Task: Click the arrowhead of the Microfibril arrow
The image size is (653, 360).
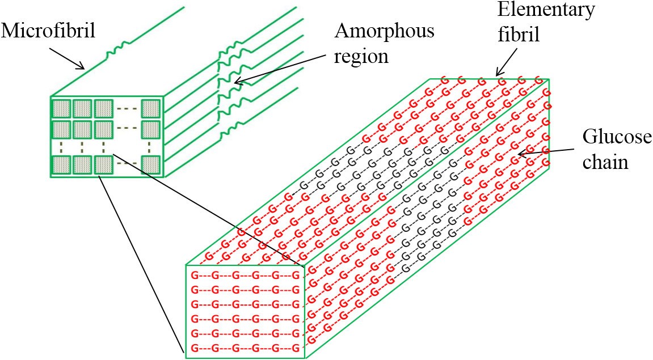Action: coord(84,69)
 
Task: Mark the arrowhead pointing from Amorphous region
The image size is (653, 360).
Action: coord(237,84)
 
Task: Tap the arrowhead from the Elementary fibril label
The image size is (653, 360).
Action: coord(498,74)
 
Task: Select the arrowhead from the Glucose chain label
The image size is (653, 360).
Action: coord(518,154)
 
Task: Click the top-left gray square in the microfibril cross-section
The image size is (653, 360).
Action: coord(61,108)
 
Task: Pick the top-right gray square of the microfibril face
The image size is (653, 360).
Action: coord(151,108)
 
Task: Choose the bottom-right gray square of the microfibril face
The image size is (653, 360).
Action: coord(151,164)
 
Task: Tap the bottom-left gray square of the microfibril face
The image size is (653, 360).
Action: coord(61,164)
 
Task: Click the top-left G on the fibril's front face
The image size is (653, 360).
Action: coord(195,276)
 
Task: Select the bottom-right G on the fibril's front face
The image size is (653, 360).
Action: coord(296,348)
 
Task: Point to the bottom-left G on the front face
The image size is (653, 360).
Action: coord(195,348)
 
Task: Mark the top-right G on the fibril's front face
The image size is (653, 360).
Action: coord(296,276)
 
